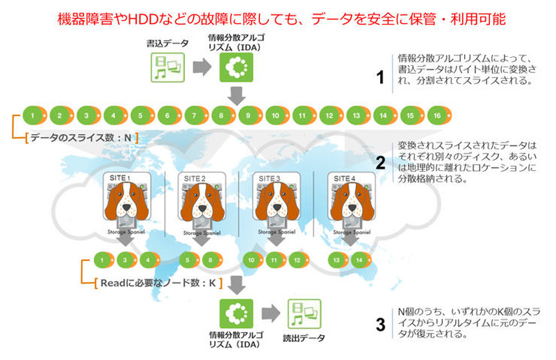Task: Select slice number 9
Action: [x=249, y=115]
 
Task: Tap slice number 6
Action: [x=167, y=115]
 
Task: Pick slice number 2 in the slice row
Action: [x=60, y=115]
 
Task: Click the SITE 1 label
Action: [x=120, y=179]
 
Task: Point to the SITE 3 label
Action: [x=269, y=179]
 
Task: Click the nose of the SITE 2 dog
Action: [x=202, y=211]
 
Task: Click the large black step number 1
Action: [x=379, y=78]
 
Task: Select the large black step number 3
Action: [x=379, y=324]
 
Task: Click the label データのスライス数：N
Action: [x=81, y=138]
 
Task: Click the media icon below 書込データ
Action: [x=167, y=67]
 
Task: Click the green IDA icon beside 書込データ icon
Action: [x=236, y=67]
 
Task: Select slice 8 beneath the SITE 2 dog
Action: [x=208, y=261]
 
